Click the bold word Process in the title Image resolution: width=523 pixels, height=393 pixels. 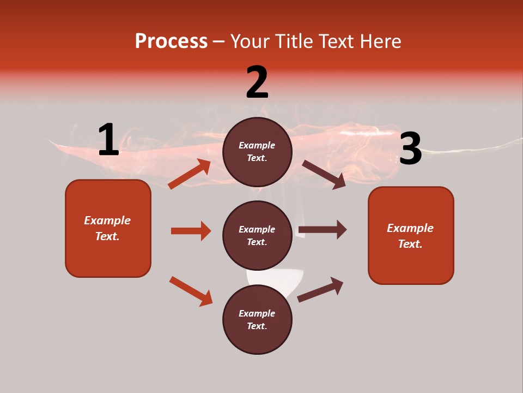[x=171, y=41]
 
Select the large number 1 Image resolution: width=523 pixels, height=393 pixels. [x=108, y=140]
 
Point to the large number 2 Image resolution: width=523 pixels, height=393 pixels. [x=257, y=82]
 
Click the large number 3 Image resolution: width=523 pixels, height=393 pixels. [x=410, y=148]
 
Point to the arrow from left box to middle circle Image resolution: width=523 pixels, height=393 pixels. [x=191, y=231]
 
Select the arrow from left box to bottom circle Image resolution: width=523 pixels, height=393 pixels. [x=191, y=291]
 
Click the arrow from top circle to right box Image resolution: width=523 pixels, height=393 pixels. [x=324, y=175]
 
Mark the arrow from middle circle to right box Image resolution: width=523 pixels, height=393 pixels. [x=323, y=229]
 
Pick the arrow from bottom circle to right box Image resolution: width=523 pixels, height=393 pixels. [x=320, y=289]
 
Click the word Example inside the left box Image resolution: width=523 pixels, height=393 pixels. [x=107, y=221]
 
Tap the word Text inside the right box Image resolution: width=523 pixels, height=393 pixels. [x=410, y=244]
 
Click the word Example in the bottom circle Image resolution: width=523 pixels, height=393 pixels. [x=257, y=313]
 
